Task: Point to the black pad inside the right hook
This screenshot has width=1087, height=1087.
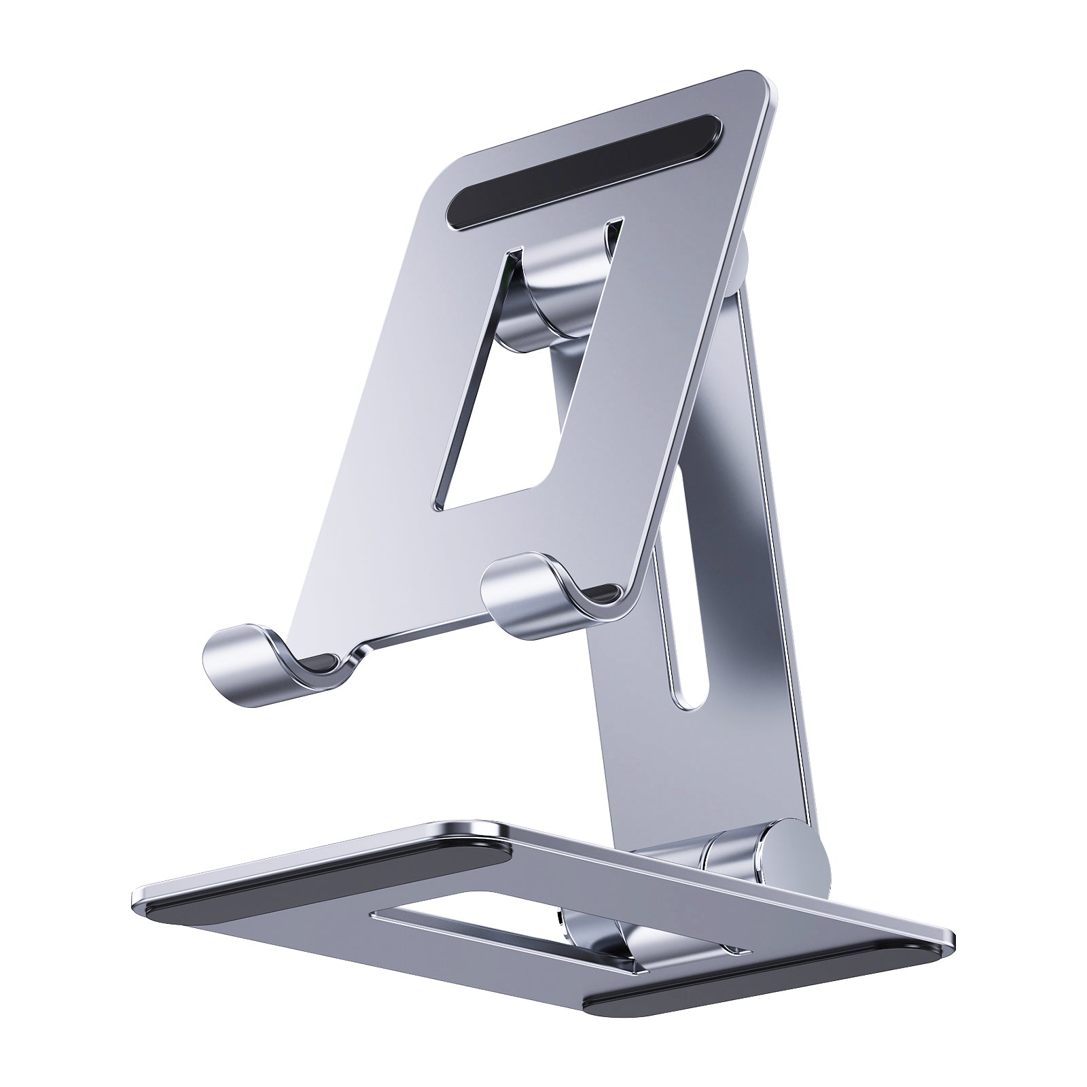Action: [605, 594]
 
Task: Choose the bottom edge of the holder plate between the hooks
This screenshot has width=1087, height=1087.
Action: [421, 635]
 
